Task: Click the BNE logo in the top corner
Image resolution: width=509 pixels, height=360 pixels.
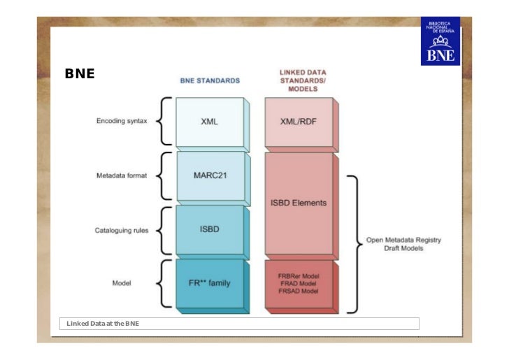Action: click(440, 41)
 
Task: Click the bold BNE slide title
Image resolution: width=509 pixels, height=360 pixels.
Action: click(79, 73)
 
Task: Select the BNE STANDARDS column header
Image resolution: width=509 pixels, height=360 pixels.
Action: click(210, 81)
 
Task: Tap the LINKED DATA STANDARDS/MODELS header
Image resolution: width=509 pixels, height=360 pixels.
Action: click(303, 80)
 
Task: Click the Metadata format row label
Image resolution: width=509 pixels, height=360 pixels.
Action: click(122, 175)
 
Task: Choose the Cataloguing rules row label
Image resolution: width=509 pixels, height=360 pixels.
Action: click(122, 230)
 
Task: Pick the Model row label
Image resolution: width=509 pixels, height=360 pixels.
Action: click(122, 283)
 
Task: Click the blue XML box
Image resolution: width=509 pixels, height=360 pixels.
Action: click(210, 122)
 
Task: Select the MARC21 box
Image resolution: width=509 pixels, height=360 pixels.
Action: click(210, 175)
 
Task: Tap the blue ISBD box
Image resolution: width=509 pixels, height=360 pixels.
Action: click(210, 229)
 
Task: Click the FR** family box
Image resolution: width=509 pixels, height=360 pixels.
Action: click(210, 283)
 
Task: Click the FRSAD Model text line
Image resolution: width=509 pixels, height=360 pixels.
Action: click(299, 291)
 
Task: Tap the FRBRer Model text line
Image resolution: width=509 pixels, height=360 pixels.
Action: click(299, 275)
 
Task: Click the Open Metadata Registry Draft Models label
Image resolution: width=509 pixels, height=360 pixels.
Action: click(403, 244)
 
